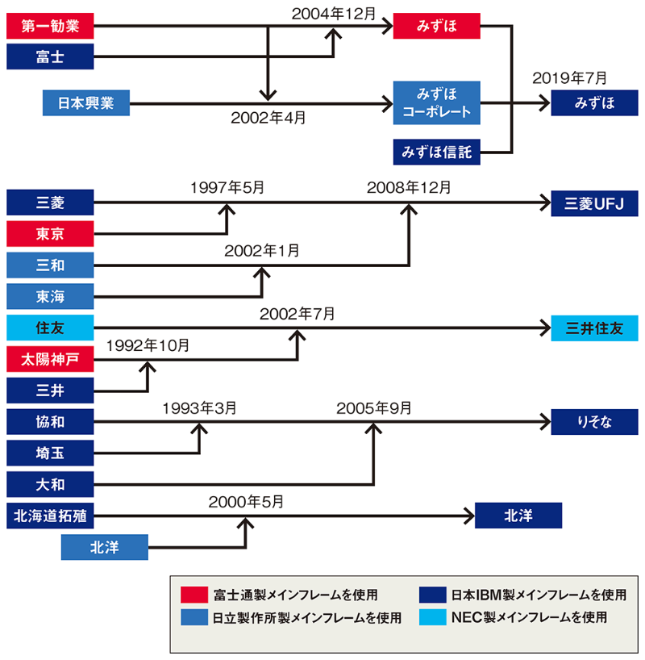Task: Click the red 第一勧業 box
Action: coord(50,27)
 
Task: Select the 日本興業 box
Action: coord(86,104)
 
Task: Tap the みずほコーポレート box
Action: coord(437,102)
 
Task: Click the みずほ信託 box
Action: coord(437,151)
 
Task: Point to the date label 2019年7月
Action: coord(569,79)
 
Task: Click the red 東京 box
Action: coord(50,234)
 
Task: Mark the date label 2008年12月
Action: coord(409,187)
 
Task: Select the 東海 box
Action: coord(50,297)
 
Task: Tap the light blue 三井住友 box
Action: coord(594,328)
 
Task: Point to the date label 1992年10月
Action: coord(148,345)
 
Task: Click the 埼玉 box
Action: coord(50,453)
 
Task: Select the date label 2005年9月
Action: coord(374,407)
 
